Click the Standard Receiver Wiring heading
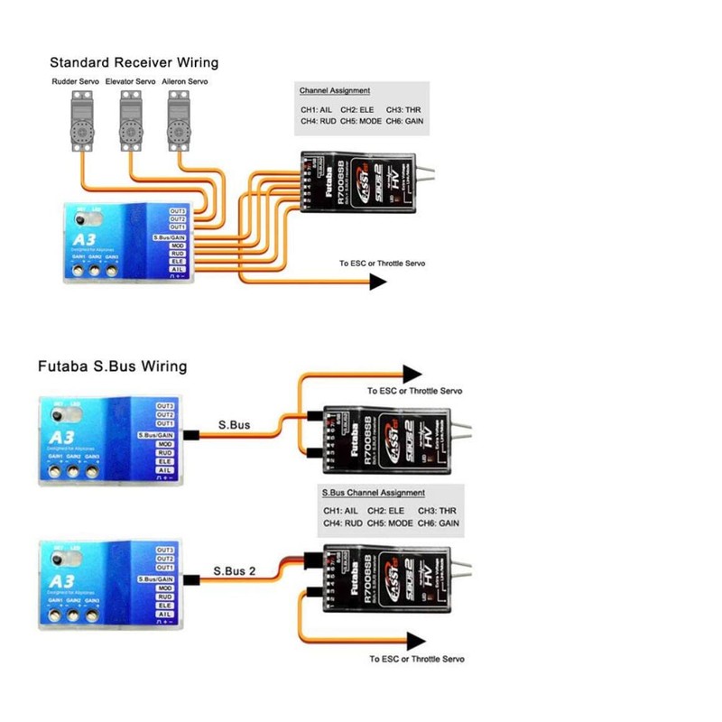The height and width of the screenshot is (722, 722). (134, 63)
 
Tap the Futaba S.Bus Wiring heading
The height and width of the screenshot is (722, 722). (112, 367)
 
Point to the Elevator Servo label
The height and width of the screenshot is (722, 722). (132, 82)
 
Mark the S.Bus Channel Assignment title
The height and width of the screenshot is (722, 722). (373, 494)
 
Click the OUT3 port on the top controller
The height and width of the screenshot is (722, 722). (177, 210)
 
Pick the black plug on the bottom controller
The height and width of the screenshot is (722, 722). (190, 579)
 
